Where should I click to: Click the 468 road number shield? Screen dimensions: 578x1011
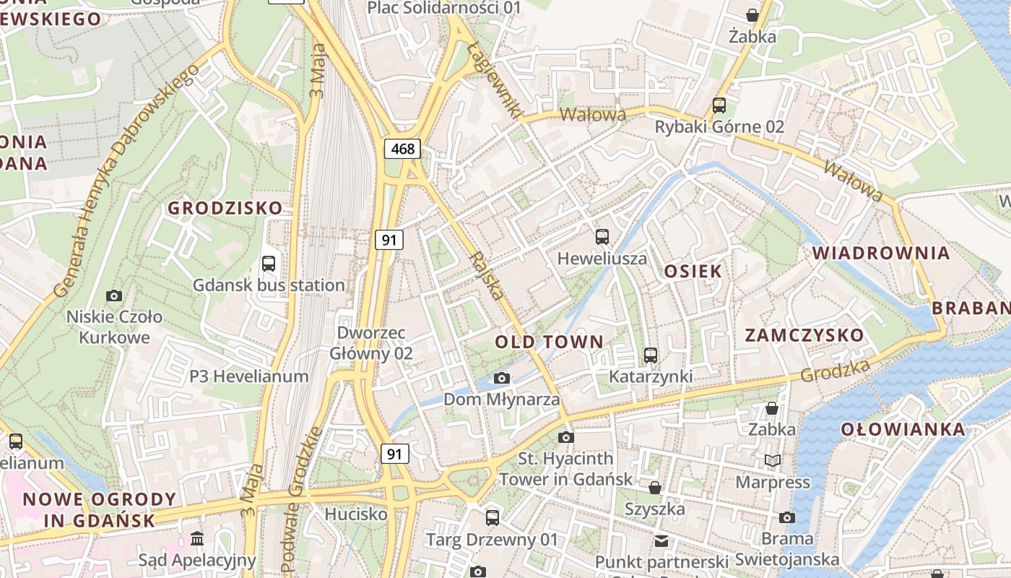pyautogui.click(x=403, y=149)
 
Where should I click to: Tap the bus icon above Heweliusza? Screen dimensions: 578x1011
pyautogui.click(x=602, y=236)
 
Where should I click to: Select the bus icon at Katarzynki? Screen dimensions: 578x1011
pyautogui.click(x=650, y=355)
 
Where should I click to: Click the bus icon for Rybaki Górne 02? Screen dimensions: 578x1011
pyautogui.click(x=719, y=105)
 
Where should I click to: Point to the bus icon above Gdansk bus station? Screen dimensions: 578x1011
pyautogui.click(x=269, y=263)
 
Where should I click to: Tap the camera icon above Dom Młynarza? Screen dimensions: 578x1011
pyautogui.click(x=501, y=378)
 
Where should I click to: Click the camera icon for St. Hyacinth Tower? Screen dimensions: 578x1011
pyautogui.click(x=566, y=437)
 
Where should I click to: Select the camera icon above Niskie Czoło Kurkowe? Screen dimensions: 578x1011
pyautogui.click(x=113, y=296)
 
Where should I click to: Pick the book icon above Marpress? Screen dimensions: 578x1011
pyautogui.click(x=773, y=460)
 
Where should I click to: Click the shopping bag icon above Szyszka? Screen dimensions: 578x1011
pyautogui.click(x=654, y=488)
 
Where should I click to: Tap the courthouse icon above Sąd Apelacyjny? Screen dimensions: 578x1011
pyautogui.click(x=197, y=538)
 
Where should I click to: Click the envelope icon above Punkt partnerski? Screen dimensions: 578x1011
pyautogui.click(x=661, y=540)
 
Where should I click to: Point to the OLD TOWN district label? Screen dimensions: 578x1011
pyautogui.click(x=549, y=342)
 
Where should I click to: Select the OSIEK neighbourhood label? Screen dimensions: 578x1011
pyautogui.click(x=693, y=272)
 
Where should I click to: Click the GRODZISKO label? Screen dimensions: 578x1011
pyautogui.click(x=225, y=208)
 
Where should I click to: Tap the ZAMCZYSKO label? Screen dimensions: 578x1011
pyautogui.click(x=804, y=335)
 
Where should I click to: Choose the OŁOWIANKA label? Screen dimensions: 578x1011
pyautogui.click(x=903, y=429)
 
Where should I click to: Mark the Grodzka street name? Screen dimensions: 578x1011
pyautogui.click(x=835, y=371)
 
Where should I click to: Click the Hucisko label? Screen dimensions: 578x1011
pyautogui.click(x=356, y=514)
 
